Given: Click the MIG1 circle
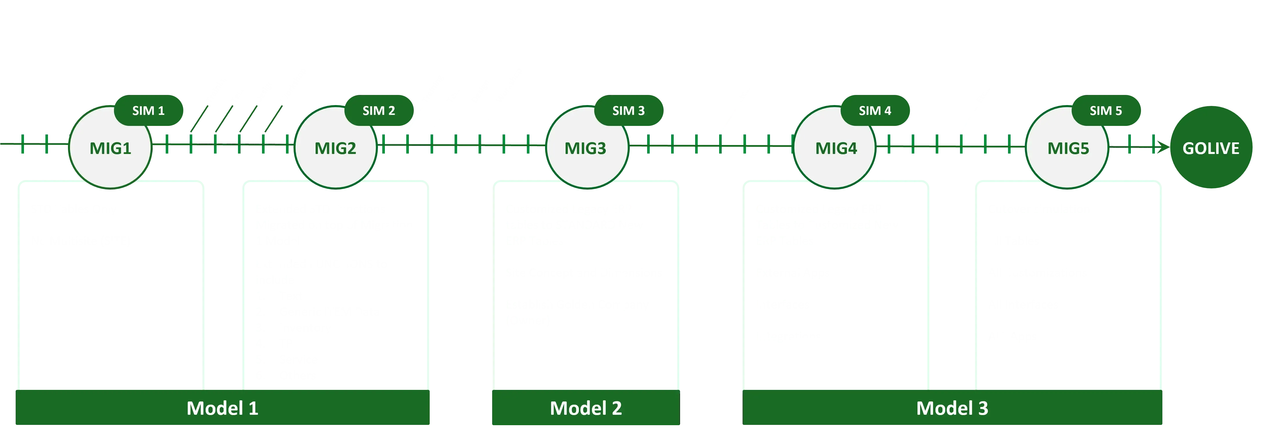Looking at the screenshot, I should pos(110,147).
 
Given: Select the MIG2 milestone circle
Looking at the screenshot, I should pos(335,147).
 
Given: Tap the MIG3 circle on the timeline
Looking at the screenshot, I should pos(586,147).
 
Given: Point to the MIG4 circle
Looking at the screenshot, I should pos(836,147).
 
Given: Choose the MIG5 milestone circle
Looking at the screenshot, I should pos(1068,147).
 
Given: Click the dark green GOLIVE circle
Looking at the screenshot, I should pos(1211,147).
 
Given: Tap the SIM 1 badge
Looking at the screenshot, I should pos(148,111).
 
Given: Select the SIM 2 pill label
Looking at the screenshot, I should pos(379,111).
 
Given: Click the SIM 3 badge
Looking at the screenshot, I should pos(629,111).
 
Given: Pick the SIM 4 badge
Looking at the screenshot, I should pos(875,111).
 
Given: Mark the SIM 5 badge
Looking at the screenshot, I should pos(1106,111).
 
